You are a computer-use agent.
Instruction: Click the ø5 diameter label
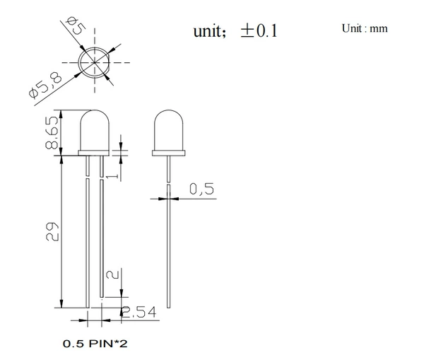(x=77, y=25)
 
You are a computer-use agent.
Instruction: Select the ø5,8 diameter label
(x=45, y=86)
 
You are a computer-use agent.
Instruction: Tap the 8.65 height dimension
(x=52, y=133)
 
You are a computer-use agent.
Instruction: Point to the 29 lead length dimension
(x=52, y=232)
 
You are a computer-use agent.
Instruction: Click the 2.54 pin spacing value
(x=139, y=312)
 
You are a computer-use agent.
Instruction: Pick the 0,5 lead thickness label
(x=201, y=189)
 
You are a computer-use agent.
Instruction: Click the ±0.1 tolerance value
(x=259, y=30)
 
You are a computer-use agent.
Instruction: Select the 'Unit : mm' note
(x=365, y=28)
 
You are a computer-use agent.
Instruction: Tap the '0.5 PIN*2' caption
(x=95, y=344)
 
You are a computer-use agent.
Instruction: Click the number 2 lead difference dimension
(x=113, y=274)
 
